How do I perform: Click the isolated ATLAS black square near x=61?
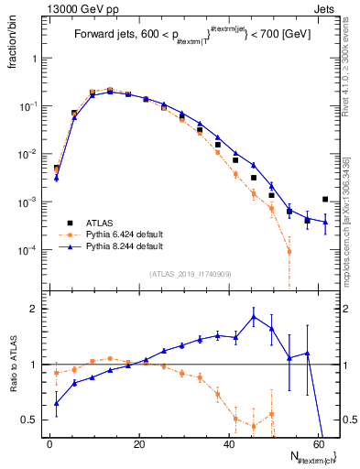coord(325,199)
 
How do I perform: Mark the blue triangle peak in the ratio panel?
coord(254,317)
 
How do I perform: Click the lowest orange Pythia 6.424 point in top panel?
coord(289,251)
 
